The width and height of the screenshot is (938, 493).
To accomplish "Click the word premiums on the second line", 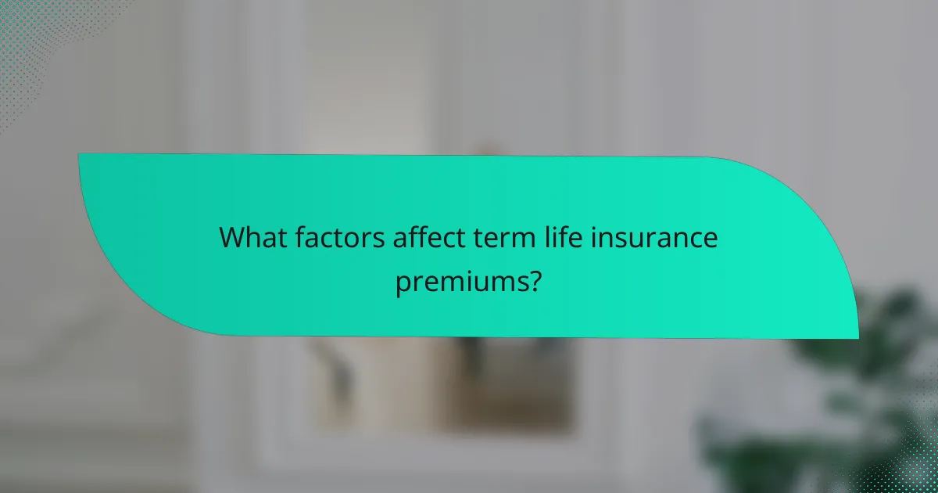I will coord(460,280).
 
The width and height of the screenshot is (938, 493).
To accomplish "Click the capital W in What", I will coord(232,236).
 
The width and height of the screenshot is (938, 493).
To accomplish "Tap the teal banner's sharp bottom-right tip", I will coord(857,338).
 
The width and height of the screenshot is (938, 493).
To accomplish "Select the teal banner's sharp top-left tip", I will coord(80,154).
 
